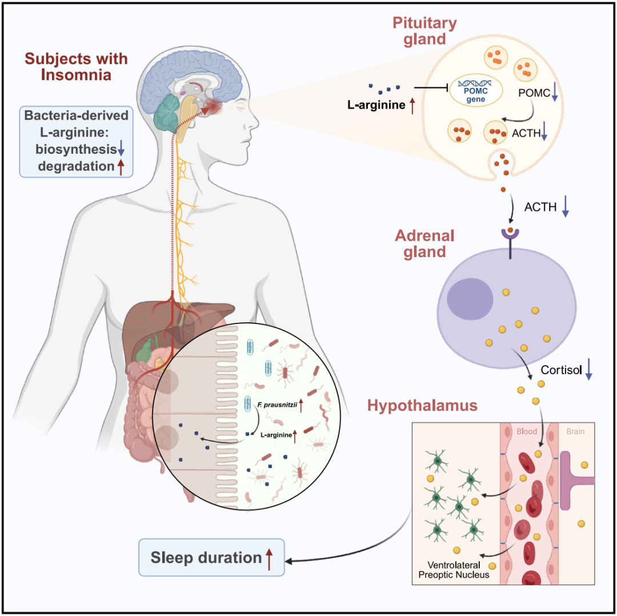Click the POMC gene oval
point(476,90)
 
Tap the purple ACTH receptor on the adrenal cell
point(510,243)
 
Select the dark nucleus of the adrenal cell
point(470,299)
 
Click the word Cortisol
point(561,370)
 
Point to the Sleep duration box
point(211,557)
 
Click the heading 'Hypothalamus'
point(422,405)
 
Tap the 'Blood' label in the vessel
point(527,431)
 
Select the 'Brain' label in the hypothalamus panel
point(575,431)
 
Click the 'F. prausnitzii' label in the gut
point(277,405)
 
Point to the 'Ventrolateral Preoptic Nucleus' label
point(454,570)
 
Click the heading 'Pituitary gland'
point(424,31)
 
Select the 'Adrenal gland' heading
point(424,243)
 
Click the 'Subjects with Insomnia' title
point(76,67)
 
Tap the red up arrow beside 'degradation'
point(121,167)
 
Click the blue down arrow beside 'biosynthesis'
point(121,147)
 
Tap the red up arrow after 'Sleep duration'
point(269,559)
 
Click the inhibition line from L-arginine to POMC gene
point(431,88)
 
